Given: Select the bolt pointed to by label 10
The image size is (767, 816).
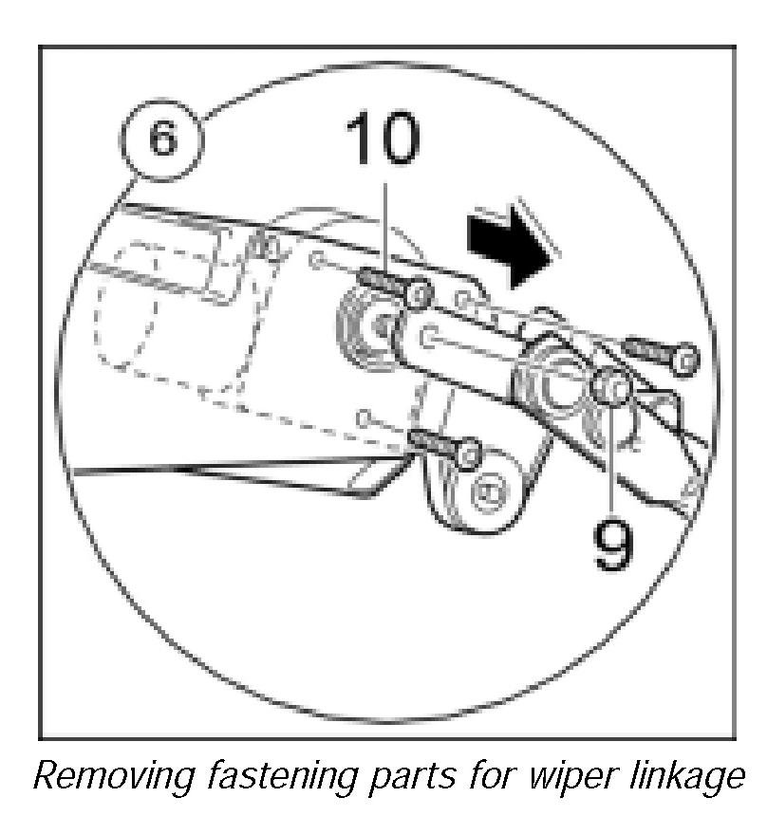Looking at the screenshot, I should [x=391, y=287].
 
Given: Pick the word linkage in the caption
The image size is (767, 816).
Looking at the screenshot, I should [x=699, y=779].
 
